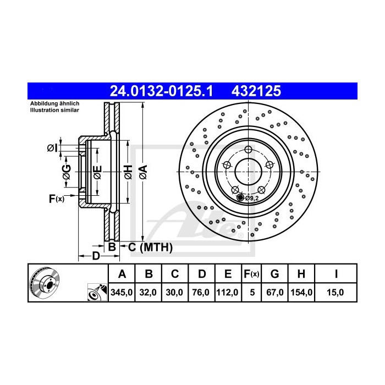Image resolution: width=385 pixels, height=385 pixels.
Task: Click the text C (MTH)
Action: click(150, 248)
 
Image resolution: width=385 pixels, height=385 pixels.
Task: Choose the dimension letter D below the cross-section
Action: click(95, 256)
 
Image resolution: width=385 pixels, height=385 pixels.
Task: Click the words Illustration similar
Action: click(55, 110)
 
